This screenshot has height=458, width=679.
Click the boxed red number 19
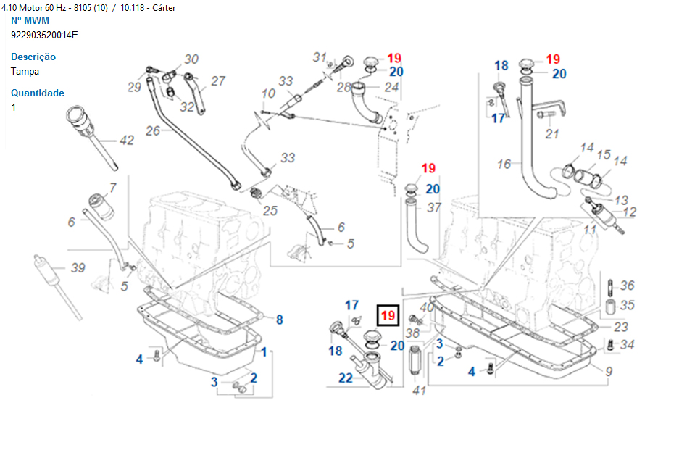click(x=388, y=316)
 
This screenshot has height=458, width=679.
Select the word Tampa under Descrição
click(x=25, y=71)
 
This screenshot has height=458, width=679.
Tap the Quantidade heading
click(x=38, y=93)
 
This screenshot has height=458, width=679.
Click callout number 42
click(x=127, y=140)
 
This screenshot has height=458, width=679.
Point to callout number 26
click(x=152, y=131)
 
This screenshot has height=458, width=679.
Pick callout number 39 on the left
click(x=78, y=268)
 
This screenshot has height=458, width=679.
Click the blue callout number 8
click(x=279, y=320)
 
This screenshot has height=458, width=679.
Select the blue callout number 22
click(x=346, y=377)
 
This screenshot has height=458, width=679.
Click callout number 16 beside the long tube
click(x=504, y=165)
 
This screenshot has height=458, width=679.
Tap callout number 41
click(x=419, y=391)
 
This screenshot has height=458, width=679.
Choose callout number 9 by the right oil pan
click(x=609, y=372)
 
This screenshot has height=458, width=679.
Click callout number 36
click(x=627, y=286)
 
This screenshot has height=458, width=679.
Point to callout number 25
click(x=270, y=211)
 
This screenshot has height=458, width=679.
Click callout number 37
click(x=433, y=208)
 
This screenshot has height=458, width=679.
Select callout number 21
click(x=552, y=133)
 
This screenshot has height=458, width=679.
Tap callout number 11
click(x=591, y=230)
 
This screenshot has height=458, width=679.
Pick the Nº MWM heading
click(x=30, y=20)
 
